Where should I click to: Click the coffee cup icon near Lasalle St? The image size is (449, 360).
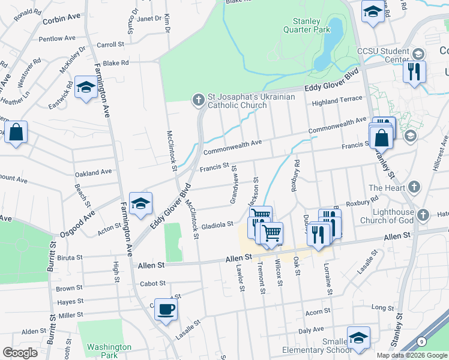[x=166, y=310]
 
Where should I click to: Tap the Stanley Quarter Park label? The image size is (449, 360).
[x=307, y=25]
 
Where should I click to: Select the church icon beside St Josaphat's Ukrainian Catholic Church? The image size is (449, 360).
[x=199, y=100]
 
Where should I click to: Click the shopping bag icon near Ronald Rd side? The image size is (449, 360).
[x=16, y=133]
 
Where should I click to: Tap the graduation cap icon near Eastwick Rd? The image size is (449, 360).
[x=86, y=88]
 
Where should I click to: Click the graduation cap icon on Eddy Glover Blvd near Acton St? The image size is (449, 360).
[x=140, y=203]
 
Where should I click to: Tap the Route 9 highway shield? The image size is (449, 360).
[x=422, y=341]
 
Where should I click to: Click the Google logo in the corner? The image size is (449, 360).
[x=20, y=352]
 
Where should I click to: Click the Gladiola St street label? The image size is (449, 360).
[x=217, y=224]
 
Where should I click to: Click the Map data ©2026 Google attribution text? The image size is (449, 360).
[x=411, y=355]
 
